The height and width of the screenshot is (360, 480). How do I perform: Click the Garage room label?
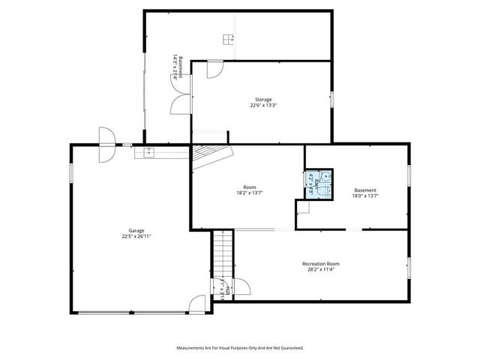pyautogui.click(x=136, y=230)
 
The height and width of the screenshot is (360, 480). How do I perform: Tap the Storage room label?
pyautogui.click(x=262, y=99)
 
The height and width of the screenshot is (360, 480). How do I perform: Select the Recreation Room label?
pyautogui.click(x=321, y=263)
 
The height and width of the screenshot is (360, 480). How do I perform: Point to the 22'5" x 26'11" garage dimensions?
pyautogui.click(x=136, y=236)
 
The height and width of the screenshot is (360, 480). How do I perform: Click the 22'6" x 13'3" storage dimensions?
pyautogui.click(x=262, y=106)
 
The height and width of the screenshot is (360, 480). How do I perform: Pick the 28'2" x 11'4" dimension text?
pyautogui.click(x=321, y=270)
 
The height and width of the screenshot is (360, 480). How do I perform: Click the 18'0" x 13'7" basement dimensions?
pyautogui.click(x=365, y=196)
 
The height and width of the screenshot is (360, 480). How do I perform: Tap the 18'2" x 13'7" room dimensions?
pyautogui.click(x=249, y=193)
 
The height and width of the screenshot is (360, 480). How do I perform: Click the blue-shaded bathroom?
pyautogui.click(x=319, y=184)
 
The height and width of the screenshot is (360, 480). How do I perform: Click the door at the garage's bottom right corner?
pyautogui.click(x=198, y=304)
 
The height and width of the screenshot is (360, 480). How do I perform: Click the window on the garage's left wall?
pyautogui.click(x=71, y=172)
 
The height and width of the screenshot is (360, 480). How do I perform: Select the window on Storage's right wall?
pyautogui.click(x=332, y=100)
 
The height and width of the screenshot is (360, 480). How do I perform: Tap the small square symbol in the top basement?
pyautogui.click(x=227, y=39)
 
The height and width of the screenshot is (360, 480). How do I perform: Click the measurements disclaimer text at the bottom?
pyautogui.click(x=240, y=348)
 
